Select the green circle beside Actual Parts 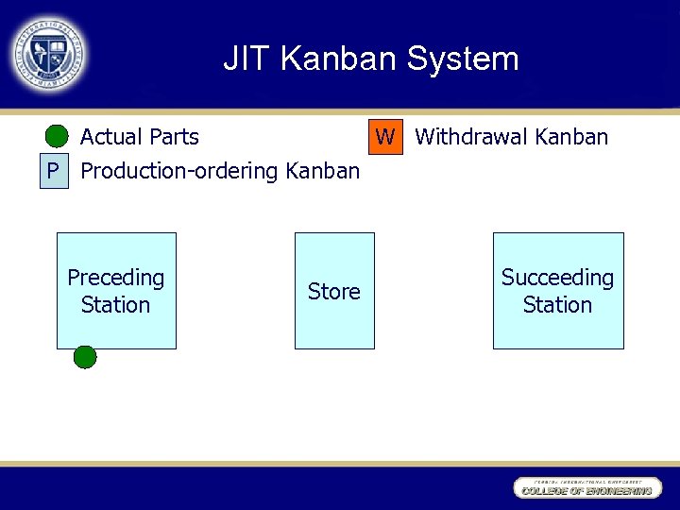(x=57, y=137)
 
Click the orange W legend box (x=384, y=137)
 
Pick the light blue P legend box (x=55, y=172)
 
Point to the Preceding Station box (x=116, y=291)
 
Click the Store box (x=334, y=291)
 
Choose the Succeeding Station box (x=557, y=291)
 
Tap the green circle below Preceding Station (x=85, y=357)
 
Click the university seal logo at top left (x=49, y=55)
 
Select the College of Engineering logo (x=585, y=487)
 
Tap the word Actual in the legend (x=111, y=137)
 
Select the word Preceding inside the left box (x=116, y=278)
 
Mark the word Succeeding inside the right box (x=557, y=278)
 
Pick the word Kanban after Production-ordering (x=322, y=172)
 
